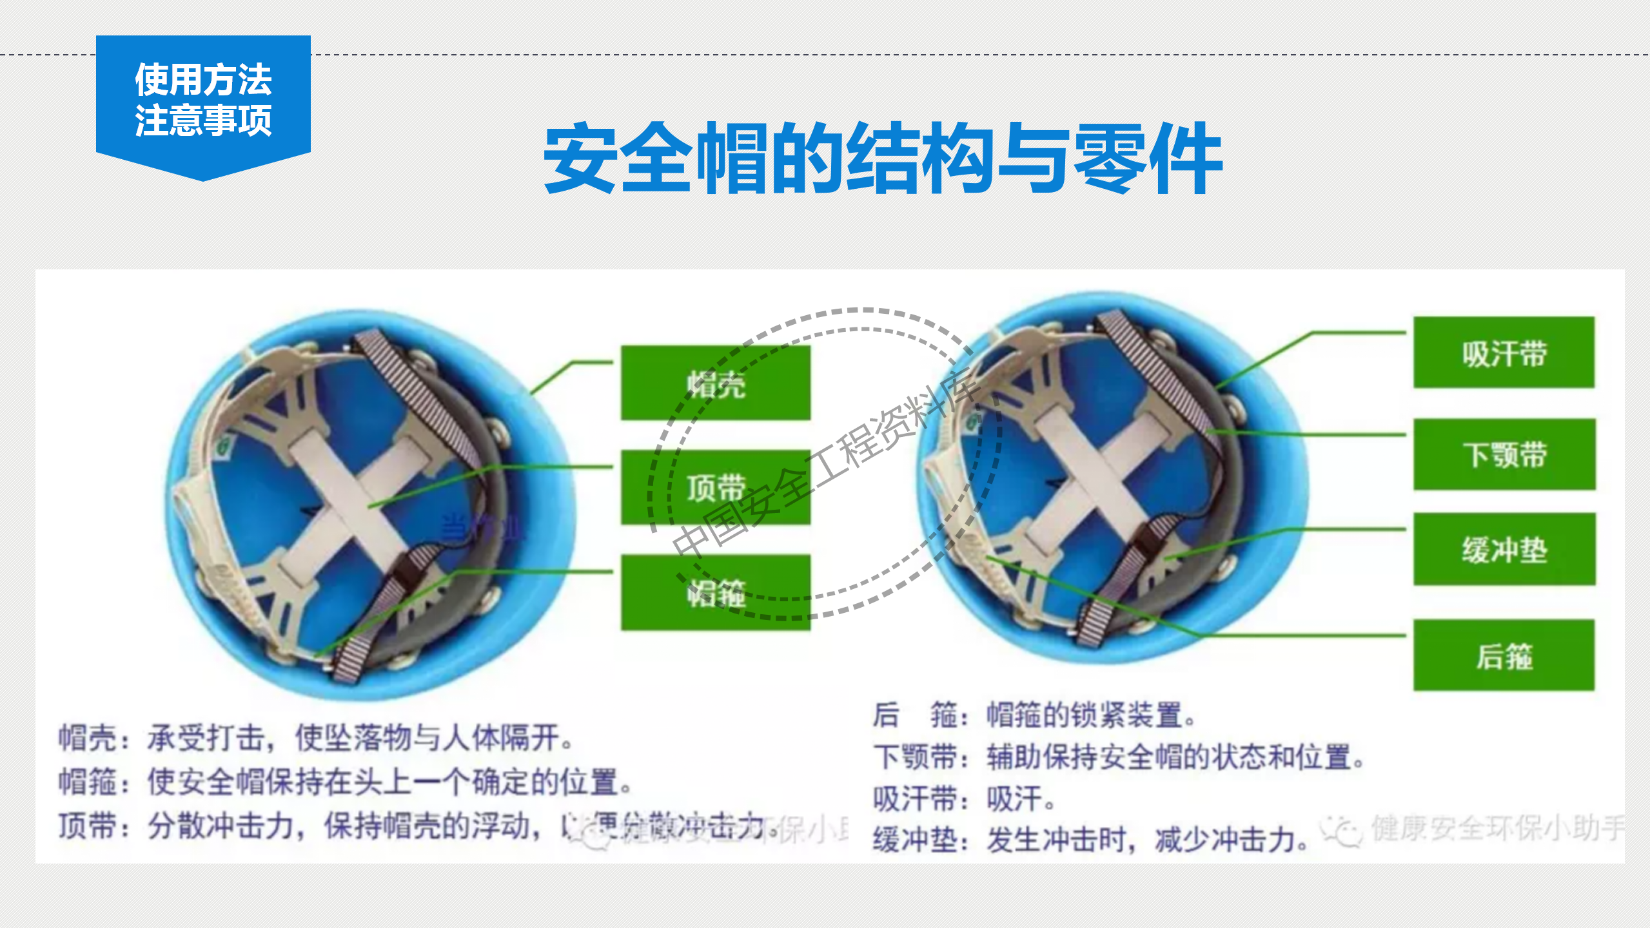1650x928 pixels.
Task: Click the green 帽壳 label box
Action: pyautogui.click(x=716, y=383)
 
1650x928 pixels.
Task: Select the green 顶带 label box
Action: pyautogui.click(x=716, y=487)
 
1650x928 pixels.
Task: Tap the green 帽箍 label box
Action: pyautogui.click(x=716, y=592)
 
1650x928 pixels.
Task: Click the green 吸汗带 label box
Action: pyautogui.click(x=1504, y=353)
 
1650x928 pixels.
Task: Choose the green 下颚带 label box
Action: pyautogui.click(x=1504, y=454)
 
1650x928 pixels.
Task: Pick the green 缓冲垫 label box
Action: pyautogui.click(x=1504, y=549)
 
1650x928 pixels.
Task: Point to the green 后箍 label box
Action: pyautogui.click(x=1504, y=655)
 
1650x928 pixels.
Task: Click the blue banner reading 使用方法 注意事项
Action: pyautogui.click(x=203, y=100)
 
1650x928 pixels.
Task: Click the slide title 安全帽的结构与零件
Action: pyautogui.click(x=882, y=159)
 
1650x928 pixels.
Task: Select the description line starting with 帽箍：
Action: pyautogui.click(x=345, y=782)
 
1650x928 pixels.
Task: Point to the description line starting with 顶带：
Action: pyautogui.click(x=413, y=826)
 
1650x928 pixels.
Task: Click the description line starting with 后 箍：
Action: pyautogui.click(x=1035, y=715)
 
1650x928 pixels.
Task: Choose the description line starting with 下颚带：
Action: pyautogui.click(x=1119, y=757)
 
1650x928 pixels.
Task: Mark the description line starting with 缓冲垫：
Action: pyautogui.click(x=1090, y=840)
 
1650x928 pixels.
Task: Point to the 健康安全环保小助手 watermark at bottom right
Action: pyautogui.click(x=1496, y=829)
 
